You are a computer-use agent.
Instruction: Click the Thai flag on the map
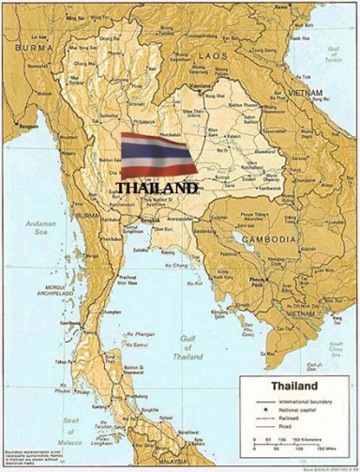pyautogui.click(x=157, y=155)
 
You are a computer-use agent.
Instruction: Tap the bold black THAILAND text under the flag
pyautogui.click(x=157, y=187)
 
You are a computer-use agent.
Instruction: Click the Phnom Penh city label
pyautogui.click(x=254, y=279)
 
